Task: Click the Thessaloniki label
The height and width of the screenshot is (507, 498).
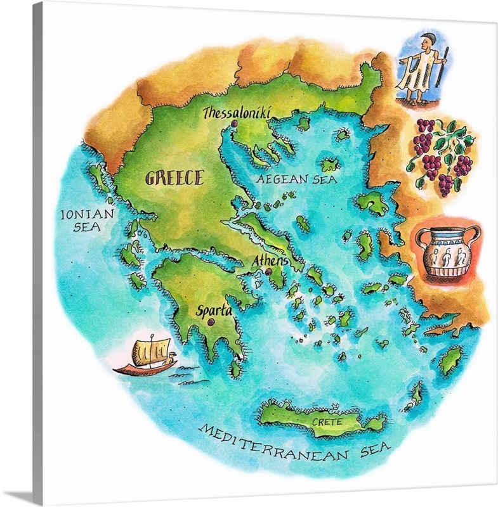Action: click(x=237, y=113)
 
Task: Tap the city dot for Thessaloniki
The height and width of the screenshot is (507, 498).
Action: click(x=234, y=124)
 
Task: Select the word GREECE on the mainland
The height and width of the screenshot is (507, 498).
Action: click(x=174, y=177)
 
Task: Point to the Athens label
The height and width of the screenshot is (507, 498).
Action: click(x=270, y=260)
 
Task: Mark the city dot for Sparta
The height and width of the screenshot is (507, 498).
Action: click(x=209, y=323)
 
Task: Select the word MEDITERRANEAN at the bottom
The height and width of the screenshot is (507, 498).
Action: click(x=274, y=443)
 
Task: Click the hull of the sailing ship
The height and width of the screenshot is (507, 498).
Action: click(x=143, y=367)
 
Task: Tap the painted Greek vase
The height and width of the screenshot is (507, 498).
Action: click(x=446, y=251)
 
